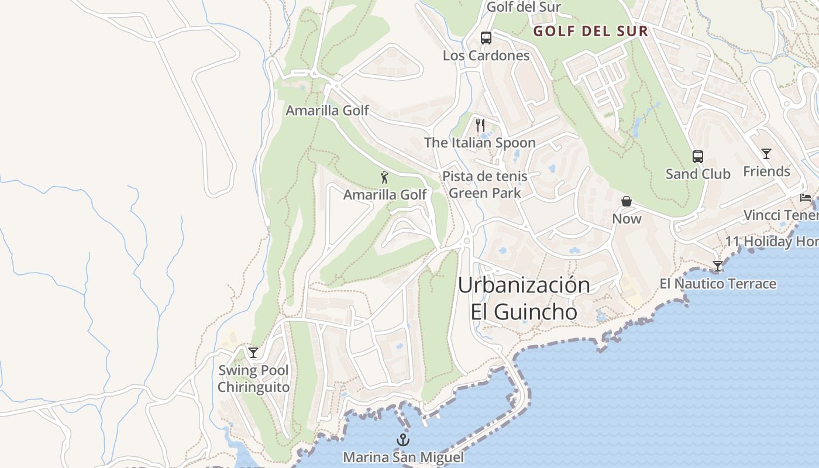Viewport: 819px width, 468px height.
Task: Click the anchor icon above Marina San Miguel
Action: (402, 440)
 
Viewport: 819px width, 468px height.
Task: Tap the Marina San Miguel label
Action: (403, 457)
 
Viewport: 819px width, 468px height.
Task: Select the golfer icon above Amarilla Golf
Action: (384, 177)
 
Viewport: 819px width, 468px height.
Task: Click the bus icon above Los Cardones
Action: (486, 38)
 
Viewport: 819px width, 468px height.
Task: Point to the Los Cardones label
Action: (486, 56)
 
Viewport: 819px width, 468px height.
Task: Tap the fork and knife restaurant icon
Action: (480, 125)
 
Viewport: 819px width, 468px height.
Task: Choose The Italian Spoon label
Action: (480, 143)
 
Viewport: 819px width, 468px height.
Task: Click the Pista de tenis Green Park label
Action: (484, 184)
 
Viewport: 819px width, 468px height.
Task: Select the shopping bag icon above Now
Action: (627, 201)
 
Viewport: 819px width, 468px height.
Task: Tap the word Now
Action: (627, 219)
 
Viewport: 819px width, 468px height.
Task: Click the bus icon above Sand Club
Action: (697, 156)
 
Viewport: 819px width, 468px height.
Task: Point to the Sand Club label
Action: (698, 174)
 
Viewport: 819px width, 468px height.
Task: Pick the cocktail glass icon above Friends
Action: (766, 154)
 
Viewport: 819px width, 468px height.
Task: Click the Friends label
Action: (766, 171)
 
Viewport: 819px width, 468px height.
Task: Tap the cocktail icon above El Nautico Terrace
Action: (717, 266)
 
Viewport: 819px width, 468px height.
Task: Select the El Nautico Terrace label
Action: (718, 284)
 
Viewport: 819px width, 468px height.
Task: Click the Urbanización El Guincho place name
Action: (524, 298)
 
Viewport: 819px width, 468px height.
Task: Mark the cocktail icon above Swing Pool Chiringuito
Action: (253, 352)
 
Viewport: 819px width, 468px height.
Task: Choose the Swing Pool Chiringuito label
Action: (253, 378)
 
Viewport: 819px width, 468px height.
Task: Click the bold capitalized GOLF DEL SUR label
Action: (590, 32)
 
